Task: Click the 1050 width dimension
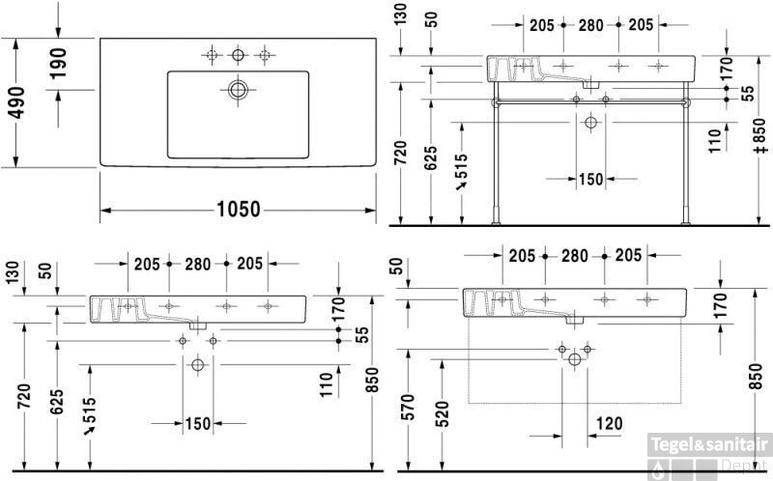239,210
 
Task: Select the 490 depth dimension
16,102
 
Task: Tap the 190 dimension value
58,63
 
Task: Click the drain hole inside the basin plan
238,90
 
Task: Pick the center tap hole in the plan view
238,55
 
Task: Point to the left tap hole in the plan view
212,55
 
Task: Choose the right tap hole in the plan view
265,55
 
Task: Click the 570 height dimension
408,407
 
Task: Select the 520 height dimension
443,414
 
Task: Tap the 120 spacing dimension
610,423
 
